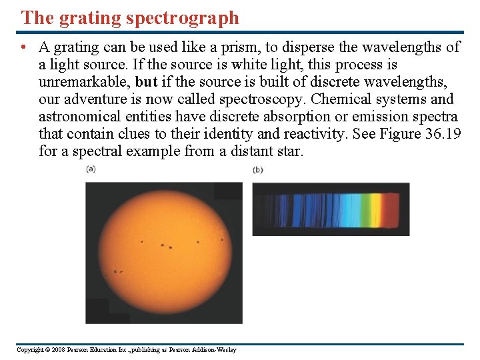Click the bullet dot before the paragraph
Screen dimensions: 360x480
click(23, 48)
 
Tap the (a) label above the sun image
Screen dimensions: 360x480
click(91, 169)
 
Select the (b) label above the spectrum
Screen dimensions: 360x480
click(258, 170)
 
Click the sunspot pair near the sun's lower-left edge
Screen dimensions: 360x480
click(118, 271)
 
